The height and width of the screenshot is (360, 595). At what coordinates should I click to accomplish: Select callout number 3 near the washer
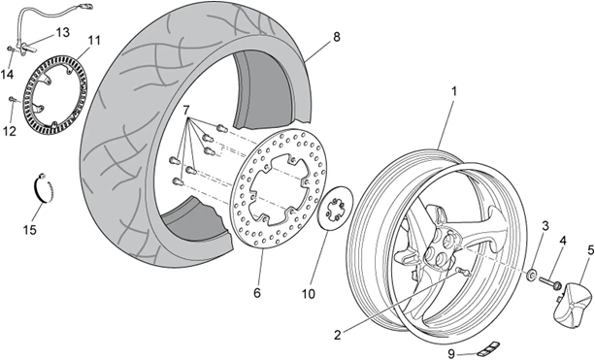[x=545, y=227]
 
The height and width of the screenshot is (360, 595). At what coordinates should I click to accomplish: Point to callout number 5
[x=562, y=241]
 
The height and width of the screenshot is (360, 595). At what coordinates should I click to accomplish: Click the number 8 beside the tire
[x=589, y=249]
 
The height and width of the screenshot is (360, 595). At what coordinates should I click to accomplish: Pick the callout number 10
[x=257, y=292]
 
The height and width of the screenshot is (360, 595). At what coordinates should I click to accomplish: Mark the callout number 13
[x=62, y=32]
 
